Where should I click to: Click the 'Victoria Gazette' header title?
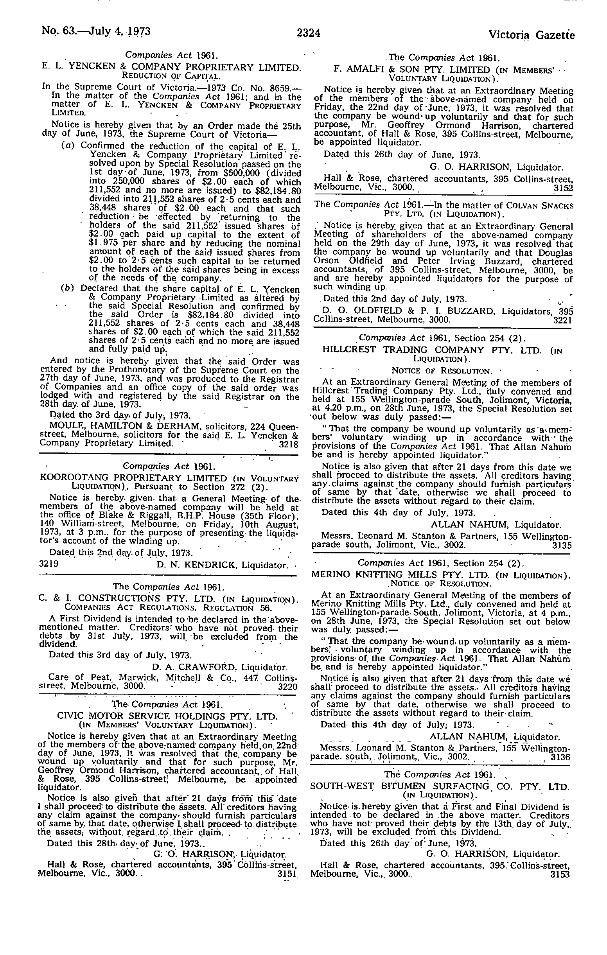tap(531, 35)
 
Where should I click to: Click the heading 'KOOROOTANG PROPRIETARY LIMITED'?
tap(134, 478)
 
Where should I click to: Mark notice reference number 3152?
tap(563, 188)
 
